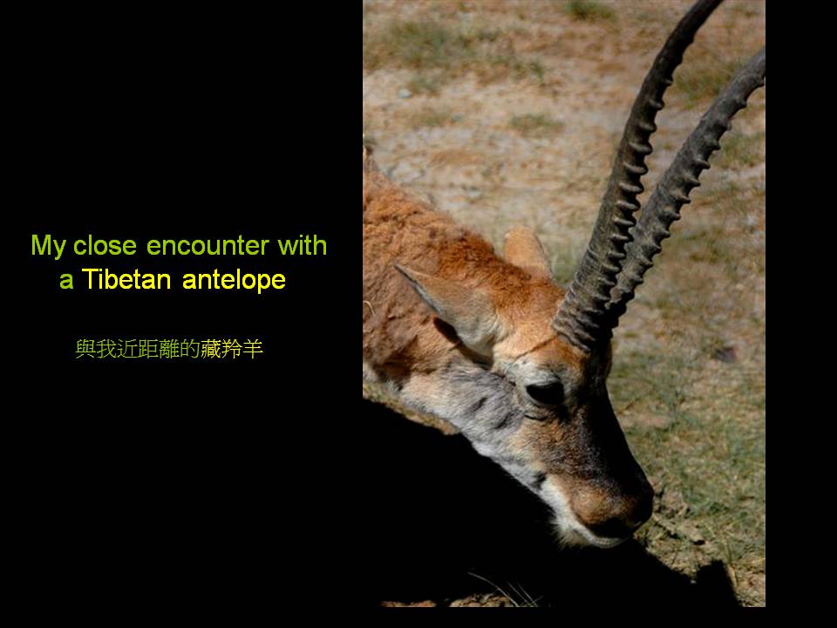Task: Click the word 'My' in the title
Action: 49,247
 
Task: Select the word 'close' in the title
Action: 105,246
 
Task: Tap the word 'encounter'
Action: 208,246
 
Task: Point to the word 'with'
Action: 303,245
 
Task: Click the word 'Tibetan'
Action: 126,279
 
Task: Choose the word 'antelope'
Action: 234,280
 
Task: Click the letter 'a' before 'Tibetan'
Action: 66,282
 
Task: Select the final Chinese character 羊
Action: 253,349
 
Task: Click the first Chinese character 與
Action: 85,349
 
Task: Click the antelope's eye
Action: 544,392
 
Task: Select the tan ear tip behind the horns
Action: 526,249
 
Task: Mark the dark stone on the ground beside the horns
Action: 725,353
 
